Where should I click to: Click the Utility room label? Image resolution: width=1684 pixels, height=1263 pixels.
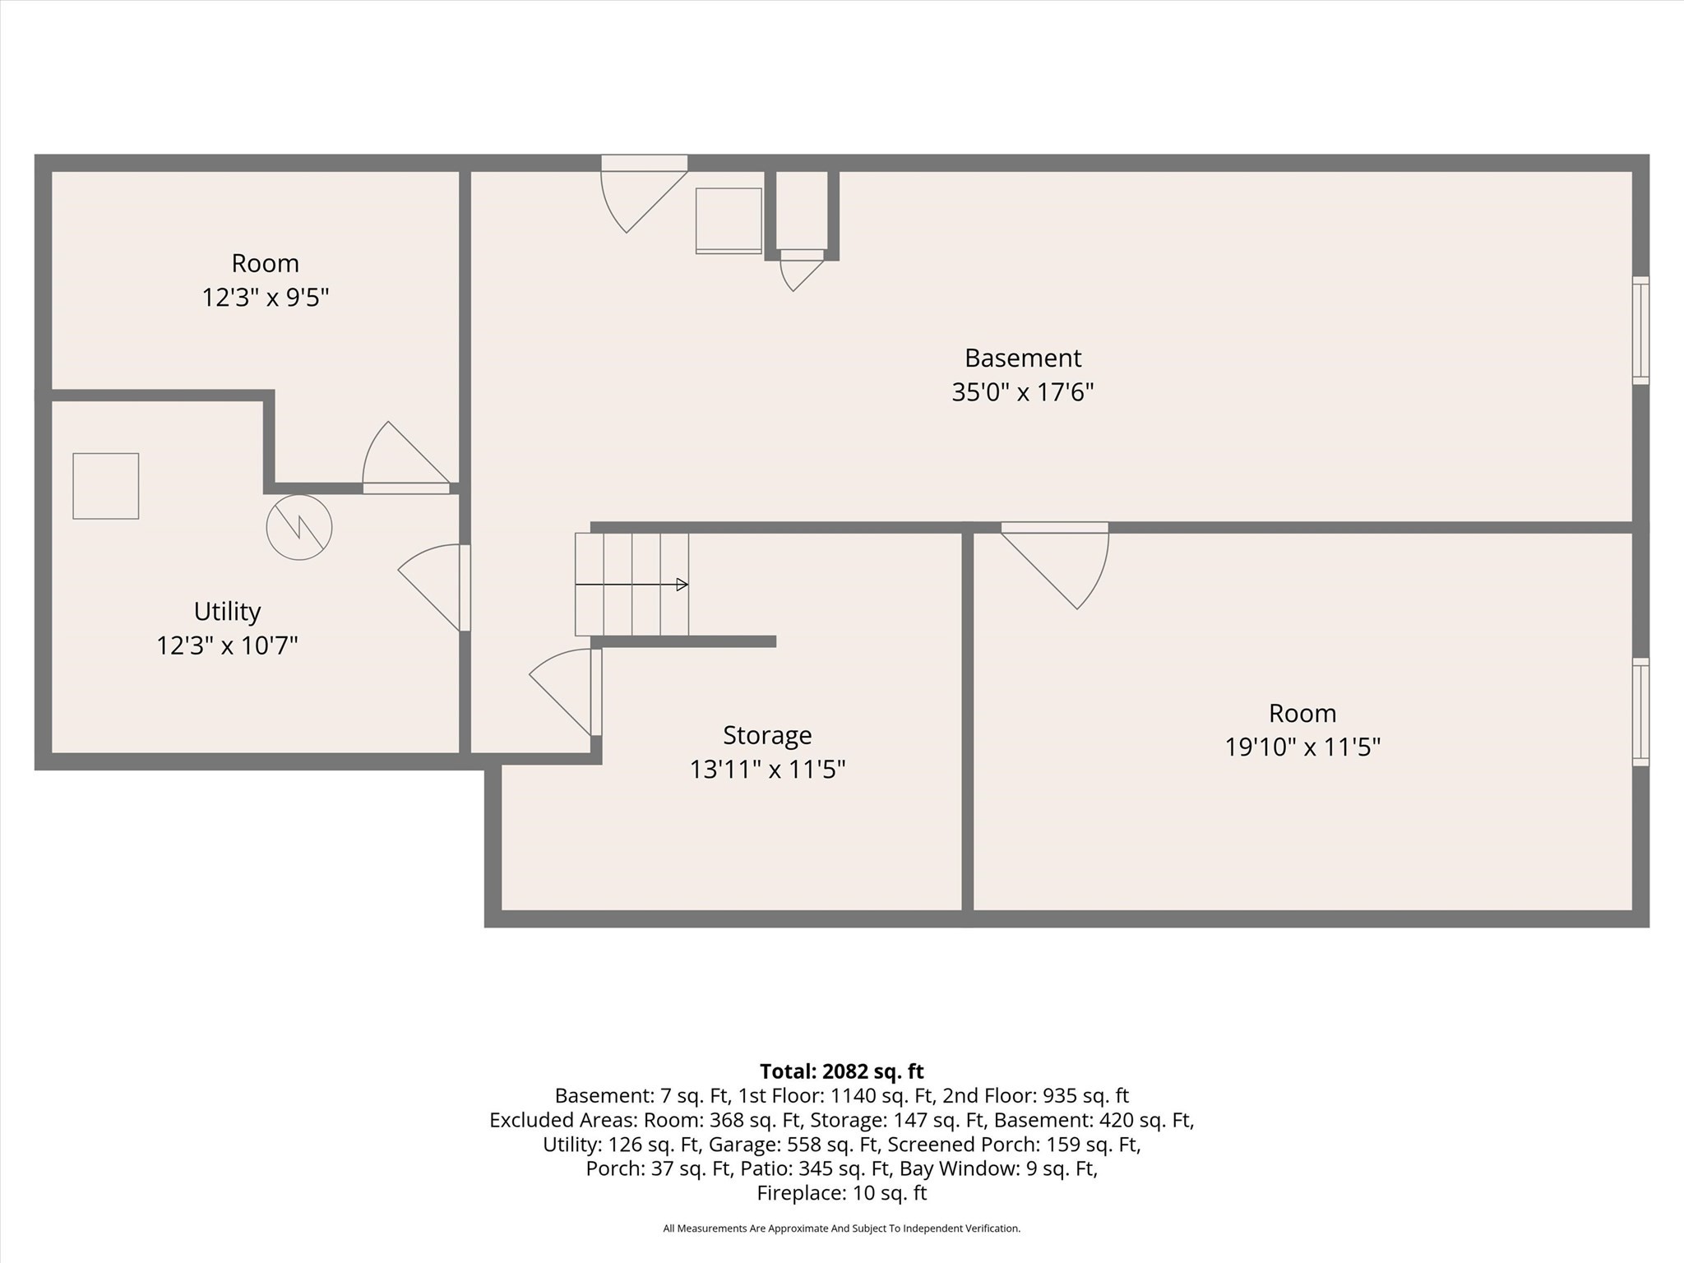click(x=227, y=612)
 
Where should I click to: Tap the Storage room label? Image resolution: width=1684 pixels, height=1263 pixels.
click(x=767, y=735)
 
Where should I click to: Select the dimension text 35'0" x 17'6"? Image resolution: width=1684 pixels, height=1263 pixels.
click(x=1022, y=392)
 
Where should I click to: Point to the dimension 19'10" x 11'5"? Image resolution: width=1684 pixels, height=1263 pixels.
click(x=1302, y=747)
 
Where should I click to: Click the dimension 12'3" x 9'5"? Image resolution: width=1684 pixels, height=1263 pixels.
click(x=266, y=297)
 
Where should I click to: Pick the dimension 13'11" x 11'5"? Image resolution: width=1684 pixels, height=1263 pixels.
click(x=767, y=770)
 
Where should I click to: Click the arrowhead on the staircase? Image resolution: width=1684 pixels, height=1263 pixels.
click(x=682, y=585)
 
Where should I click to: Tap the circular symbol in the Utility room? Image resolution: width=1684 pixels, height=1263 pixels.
click(x=299, y=527)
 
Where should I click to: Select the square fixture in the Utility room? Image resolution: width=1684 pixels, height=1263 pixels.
click(x=106, y=486)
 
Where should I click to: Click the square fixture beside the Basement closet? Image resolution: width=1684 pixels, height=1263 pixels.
click(x=729, y=220)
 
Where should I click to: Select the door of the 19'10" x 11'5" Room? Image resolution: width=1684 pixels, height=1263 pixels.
click(x=1055, y=566)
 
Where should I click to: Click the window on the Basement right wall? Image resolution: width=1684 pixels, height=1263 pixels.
click(x=1640, y=330)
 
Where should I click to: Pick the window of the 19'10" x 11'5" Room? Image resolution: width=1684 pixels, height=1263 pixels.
click(x=1640, y=712)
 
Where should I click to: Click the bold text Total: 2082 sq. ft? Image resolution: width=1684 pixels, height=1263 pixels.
click(x=842, y=1071)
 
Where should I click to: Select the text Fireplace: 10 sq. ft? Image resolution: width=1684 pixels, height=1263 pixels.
click(x=842, y=1193)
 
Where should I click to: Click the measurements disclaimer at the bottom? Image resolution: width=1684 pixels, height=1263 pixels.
click(x=842, y=1228)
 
